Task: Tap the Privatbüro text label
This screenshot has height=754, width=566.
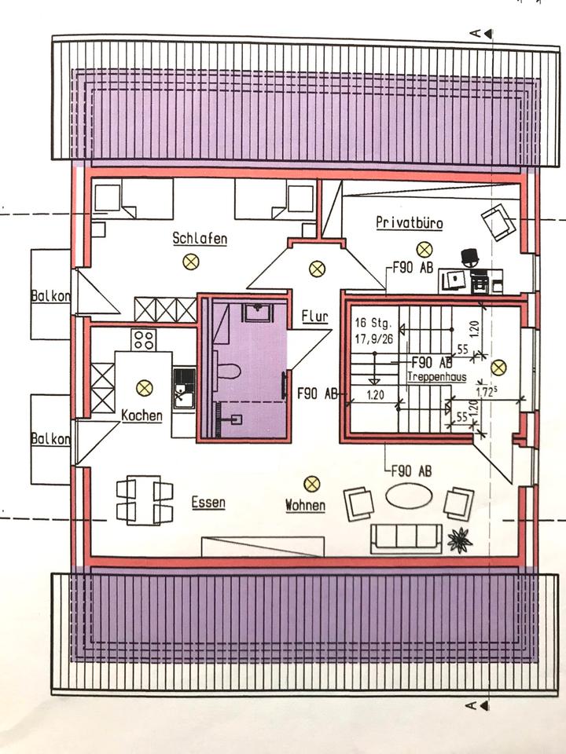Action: coord(409,223)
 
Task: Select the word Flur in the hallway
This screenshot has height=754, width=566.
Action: coord(314,317)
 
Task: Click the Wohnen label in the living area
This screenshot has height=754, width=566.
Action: coord(305,506)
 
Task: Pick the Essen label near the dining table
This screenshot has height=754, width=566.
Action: coord(208,503)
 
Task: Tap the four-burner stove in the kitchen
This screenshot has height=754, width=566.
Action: coord(142,339)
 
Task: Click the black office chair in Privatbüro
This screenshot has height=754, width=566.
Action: coord(470,258)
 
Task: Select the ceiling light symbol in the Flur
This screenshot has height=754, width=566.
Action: coord(317,269)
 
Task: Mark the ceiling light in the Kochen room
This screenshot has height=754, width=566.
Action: coord(144,386)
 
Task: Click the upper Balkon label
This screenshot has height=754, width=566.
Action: coord(50,296)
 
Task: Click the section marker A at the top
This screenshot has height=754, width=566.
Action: coord(476,32)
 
